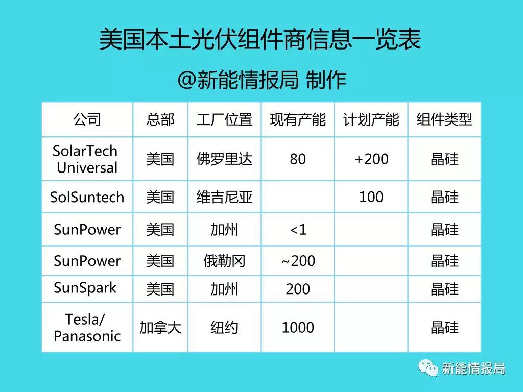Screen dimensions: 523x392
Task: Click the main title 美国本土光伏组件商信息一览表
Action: point(260,39)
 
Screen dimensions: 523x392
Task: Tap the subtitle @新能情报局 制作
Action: point(262,80)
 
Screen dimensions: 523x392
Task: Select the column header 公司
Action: point(87,119)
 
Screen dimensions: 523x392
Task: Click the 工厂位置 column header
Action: point(225,119)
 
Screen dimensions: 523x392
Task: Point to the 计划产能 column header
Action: point(371,119)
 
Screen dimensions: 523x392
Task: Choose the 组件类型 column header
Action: point(444,119)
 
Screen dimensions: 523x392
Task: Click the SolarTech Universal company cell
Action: point(86,159)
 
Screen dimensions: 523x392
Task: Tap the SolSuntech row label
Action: point(87,197)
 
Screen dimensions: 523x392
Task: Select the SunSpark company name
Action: point(85,288)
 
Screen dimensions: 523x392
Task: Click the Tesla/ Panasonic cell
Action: point(87,328)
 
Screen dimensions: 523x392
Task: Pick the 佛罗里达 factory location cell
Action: point(225,159)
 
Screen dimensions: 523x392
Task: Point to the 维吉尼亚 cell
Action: point(225,197)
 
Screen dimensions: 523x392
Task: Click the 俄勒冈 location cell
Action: point(225,261)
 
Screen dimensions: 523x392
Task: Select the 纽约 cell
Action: point(225,328)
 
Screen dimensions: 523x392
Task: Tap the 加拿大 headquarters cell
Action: point(160,328)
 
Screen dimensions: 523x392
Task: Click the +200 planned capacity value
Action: point(371,159)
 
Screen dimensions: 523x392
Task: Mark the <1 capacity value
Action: point(298,230)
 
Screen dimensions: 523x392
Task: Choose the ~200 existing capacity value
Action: point(298,261)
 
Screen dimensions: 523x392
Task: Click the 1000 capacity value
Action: point(298,328)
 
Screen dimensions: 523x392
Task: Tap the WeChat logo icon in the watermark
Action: point(429,368)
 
